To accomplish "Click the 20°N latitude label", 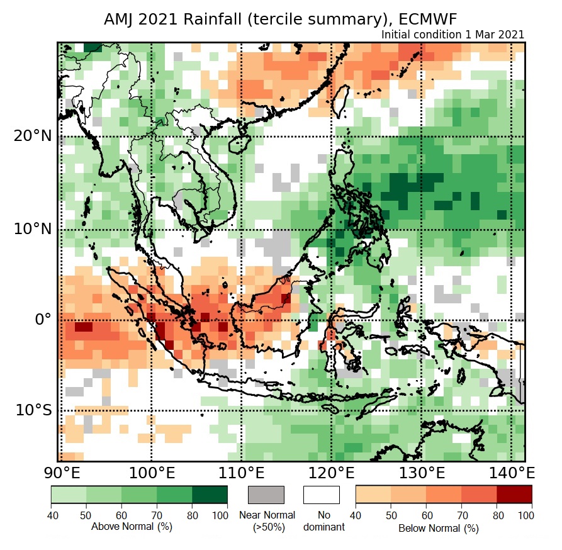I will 31,136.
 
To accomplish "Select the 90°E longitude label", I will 59,473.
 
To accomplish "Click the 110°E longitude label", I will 241,473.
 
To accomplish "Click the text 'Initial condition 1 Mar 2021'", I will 452,35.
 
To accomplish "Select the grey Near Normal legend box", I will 266,495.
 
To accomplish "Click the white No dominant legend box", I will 321,495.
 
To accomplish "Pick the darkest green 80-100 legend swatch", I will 210,495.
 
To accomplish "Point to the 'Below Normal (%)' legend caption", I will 438,528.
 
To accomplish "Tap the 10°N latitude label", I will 31,228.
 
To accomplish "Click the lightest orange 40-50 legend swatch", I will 373,495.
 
